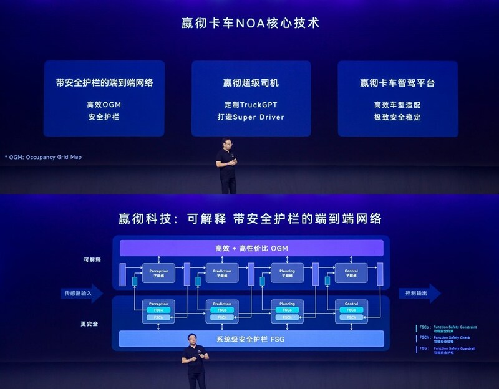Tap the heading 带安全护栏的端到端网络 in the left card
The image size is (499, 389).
[104, 83]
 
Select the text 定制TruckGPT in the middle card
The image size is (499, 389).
[251, 105]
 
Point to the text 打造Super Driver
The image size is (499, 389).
[251, 117]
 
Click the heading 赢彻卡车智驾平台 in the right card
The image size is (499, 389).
[397, 83]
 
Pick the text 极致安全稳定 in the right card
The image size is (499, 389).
[397, 117]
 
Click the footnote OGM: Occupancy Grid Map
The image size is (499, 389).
[44, 157]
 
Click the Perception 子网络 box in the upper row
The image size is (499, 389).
[159, 272]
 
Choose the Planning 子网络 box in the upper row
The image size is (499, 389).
[287, 272]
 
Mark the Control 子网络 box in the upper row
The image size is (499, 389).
[351, 272]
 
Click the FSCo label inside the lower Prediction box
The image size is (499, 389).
[222, 310]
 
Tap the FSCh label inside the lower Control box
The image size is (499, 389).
[351, 317]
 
